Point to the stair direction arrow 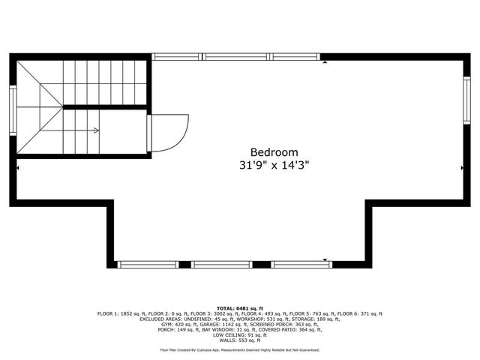point(95,130)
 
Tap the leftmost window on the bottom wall point(148,264)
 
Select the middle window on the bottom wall point(222,264)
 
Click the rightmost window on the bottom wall point(301,264)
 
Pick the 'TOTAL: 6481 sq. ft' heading point(240,308)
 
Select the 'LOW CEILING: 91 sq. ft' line point(240,334)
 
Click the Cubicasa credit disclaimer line point(240,350)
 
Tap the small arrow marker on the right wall point(460,169)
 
